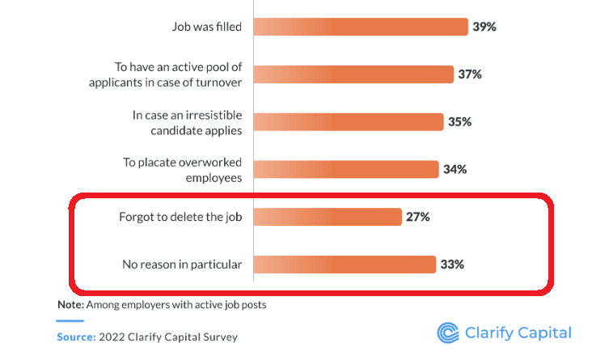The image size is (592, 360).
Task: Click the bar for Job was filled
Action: pos(361,27)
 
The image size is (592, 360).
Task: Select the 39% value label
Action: pos(484,27)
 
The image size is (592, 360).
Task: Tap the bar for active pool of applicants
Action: pos(353,74)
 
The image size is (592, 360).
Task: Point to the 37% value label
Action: pos(470,74)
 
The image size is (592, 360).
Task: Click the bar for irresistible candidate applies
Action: pos(349,122)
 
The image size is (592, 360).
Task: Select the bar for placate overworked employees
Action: pos(345,169)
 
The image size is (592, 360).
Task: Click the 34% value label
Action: pos(454,169)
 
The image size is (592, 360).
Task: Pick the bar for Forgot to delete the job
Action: pos(328,217)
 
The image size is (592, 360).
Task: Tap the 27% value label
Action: pos(417,217)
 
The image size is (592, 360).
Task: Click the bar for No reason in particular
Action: pos(343,265)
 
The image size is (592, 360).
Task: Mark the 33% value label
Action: pos(452,265)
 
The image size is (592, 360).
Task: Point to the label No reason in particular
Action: pos(183,265)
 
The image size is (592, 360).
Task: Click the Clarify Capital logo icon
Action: pos(447,332)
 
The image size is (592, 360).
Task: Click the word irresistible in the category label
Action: pos(209,115)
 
